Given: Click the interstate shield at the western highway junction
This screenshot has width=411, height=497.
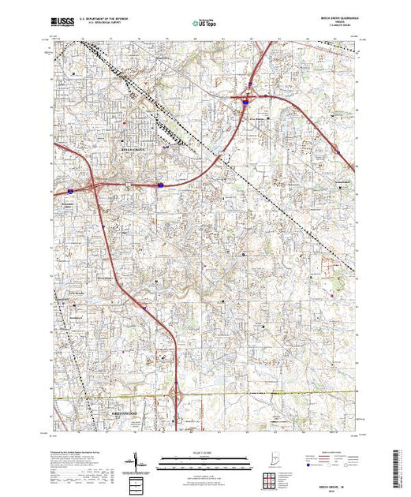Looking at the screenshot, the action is coord(70,191).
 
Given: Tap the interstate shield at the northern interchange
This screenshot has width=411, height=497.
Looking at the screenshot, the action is coord(246,101).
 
